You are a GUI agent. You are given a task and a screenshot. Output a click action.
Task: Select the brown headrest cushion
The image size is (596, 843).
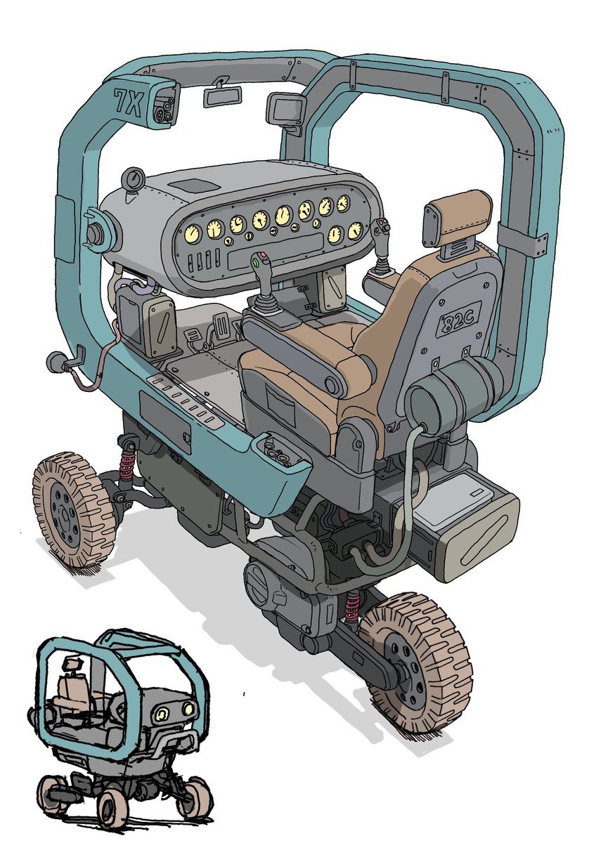coord(456,212)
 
